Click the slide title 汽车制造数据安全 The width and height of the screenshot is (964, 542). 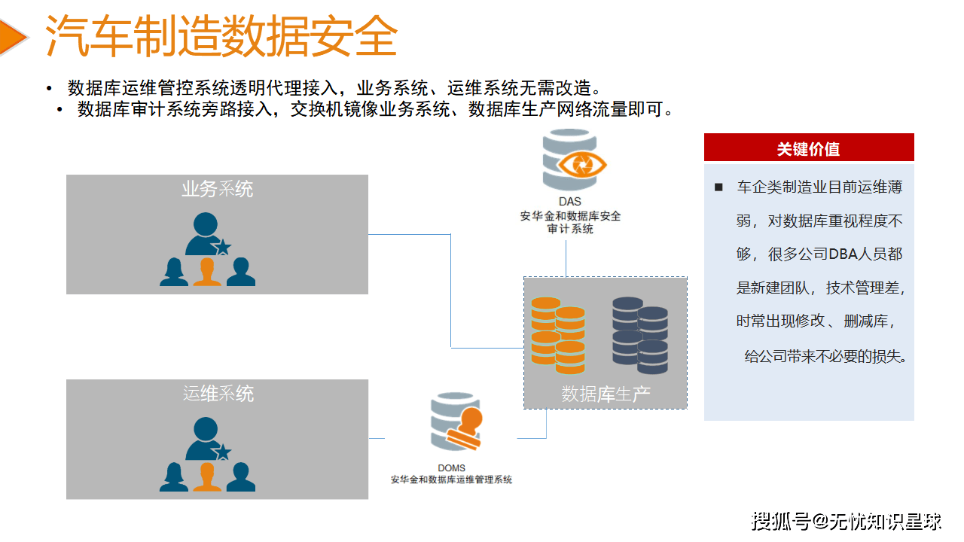(x=221, y=35)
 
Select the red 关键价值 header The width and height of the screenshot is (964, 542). (x=808, y=148)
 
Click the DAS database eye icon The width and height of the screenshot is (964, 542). (x=574, y=161)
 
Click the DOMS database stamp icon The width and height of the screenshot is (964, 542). (x=456, y=423)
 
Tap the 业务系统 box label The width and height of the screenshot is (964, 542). (x=217, y=189)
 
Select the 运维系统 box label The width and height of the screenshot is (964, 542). (x=218, y=393)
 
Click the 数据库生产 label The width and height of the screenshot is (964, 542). (x=606, y=394)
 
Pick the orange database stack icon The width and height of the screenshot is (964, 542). (x=557, y=335)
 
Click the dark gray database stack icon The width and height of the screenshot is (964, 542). (x=639, y=335)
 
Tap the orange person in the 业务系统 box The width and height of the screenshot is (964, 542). (x=207, y=272)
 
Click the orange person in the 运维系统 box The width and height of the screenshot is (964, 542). (x=207, y=477)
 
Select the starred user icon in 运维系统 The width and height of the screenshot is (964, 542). (x=206, y=440)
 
